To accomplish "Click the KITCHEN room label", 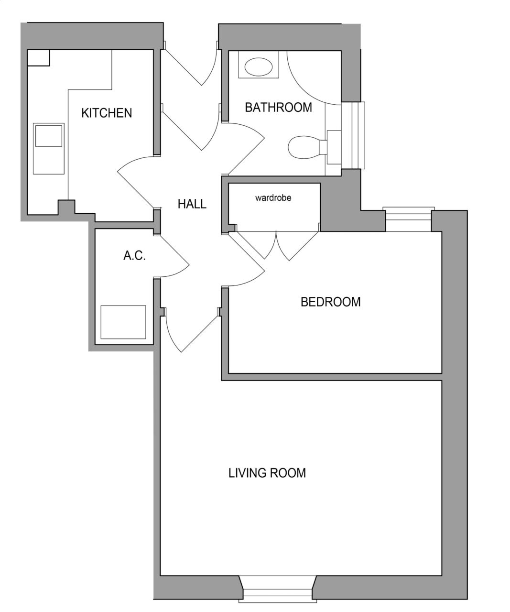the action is tap(107, 113).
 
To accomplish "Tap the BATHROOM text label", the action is tap(279, 107).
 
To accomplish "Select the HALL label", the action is tap(192, 204).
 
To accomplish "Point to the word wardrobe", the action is tap(273, 198).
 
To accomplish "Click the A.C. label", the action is tap(134, 255).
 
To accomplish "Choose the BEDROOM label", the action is tap(331, 302).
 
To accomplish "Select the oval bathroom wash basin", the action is tap(259, 67).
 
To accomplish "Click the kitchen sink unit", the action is tap(49, 149).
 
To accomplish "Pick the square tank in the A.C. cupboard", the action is tap(123, 322).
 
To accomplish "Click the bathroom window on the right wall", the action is tap(353, 135).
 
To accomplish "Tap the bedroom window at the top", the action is tap(409, 219).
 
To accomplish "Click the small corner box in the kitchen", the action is tap(38, 58).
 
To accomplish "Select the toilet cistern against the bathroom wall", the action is tap(334, 147).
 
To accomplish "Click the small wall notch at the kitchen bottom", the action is tap(66, 207).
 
